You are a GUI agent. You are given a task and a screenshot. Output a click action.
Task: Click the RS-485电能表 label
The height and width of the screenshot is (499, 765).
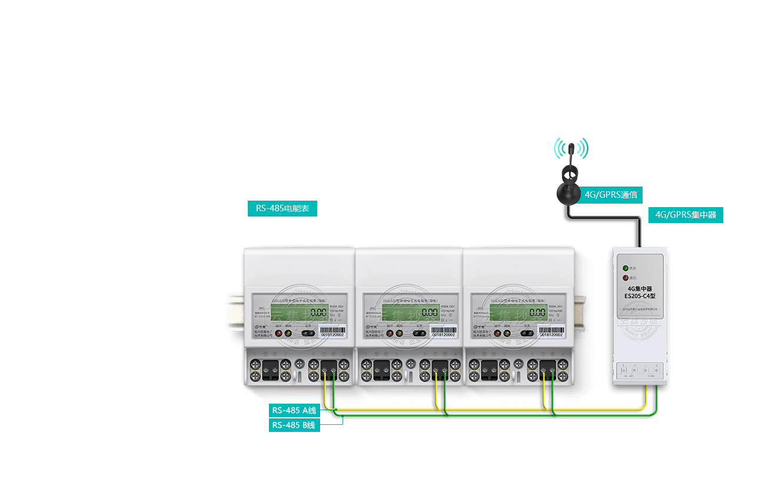tap(282, 208)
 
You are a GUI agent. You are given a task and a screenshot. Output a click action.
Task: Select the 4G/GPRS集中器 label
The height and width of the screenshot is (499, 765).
tap(686, 215)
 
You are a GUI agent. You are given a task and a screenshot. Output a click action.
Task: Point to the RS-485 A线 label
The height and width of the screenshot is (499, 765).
tap(294, 410)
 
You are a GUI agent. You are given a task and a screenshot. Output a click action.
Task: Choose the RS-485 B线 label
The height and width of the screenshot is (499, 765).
tap(294, 425)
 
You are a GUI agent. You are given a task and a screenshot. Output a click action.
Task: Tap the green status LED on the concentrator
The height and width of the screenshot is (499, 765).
tap(626, 268)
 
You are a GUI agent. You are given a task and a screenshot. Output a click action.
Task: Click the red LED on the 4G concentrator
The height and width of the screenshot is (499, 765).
tap(626, 277)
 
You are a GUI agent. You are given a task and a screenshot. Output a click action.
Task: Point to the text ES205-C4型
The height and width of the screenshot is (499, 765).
tap(641, 296)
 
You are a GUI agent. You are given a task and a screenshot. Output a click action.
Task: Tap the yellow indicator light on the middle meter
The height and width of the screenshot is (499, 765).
tap(400, 333)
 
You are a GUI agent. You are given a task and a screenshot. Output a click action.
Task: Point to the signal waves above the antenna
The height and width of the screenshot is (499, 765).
tap(571, 148)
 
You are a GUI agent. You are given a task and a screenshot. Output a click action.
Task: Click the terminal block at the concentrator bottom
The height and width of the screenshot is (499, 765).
tap(640, 370)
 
